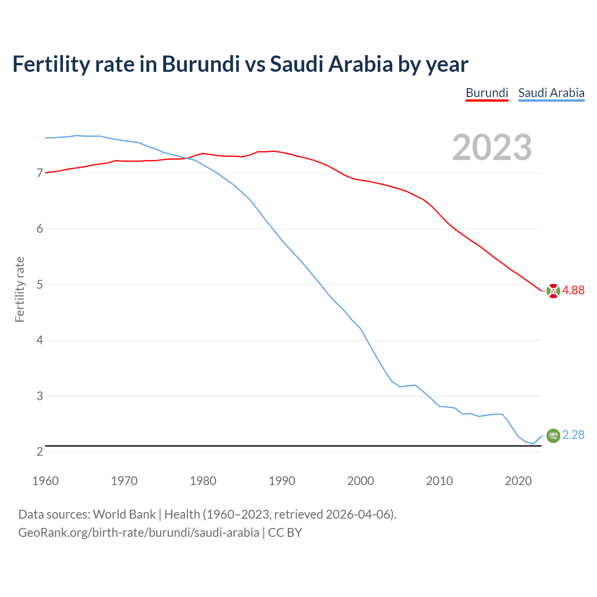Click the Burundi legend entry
click(487, 93)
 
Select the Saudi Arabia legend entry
click(551, 93)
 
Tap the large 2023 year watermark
click(492, 147)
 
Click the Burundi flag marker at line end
click(553, 291)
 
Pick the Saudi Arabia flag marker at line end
click(553, 435)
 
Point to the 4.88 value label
click(573, 290)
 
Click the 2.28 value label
click(573, 435)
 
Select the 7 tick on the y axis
click(40, 174)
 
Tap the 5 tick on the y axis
click(40, 285)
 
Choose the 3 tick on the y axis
click(40, 396)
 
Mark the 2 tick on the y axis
click(40, 451)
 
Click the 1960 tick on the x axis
click(45, 481)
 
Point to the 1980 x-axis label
click(203, 481)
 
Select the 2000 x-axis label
click(361, 481)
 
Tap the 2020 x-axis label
click(518, 481)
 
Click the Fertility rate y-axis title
click(20, 289)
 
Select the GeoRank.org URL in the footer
click(139, 532)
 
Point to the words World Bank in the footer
click(124, 514)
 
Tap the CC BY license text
click(285, 532)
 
